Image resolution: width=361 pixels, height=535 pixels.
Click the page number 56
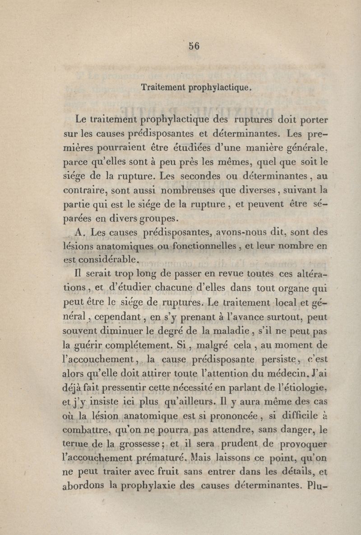pos(194,45)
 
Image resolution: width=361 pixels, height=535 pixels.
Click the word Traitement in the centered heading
pos(161,87)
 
